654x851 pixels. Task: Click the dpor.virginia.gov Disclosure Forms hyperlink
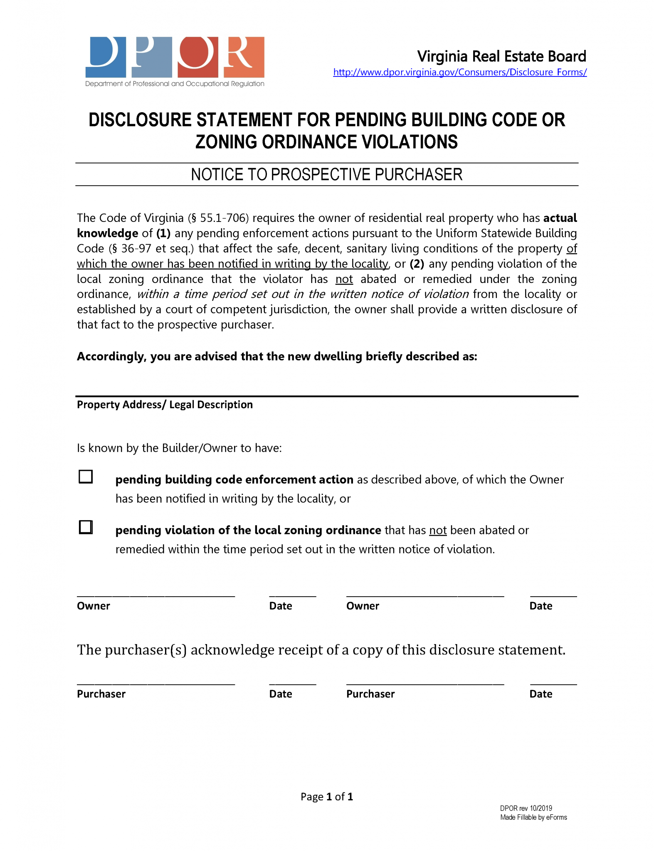point(459,72)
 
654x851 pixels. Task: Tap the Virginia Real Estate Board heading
point(501,56)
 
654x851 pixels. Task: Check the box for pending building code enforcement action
point(86,477)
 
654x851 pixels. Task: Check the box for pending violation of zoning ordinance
point(86,527)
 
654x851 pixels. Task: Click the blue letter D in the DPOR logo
point(106,57)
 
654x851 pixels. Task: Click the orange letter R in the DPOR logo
point(244,57)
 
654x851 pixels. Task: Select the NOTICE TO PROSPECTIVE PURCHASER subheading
point(326,175)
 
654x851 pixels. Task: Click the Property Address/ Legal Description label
point(165,405)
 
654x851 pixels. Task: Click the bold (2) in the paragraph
point(417,264)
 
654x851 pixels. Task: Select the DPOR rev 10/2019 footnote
point(526,808)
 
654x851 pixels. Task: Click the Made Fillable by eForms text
point(533,817)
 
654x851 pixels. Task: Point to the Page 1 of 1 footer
point(327,797)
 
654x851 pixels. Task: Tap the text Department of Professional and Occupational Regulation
point(175,84)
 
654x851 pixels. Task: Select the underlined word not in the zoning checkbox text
point(437,530)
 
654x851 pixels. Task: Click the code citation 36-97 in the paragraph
point(136,248)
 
